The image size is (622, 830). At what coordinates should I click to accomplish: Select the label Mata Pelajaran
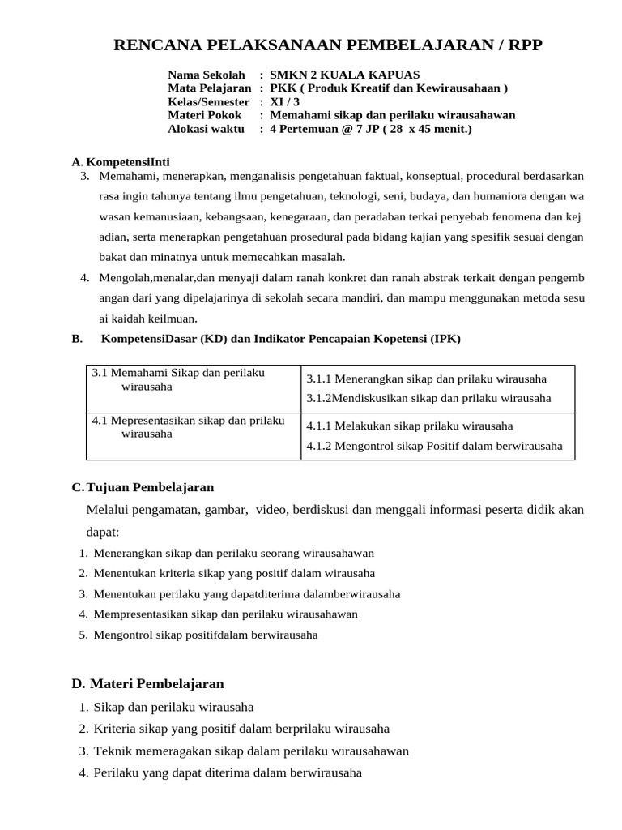coord(209,88)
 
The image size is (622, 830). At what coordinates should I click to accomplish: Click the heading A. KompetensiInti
coord(121,161)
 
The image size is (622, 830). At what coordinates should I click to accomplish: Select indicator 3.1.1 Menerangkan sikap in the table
coord(426,379)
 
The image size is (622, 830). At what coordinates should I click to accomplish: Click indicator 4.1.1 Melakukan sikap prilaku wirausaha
coord(409,426)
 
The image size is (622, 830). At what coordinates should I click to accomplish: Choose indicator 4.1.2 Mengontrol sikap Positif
coord(434,446)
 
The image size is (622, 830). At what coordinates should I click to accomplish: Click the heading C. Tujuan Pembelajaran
coord(143,487)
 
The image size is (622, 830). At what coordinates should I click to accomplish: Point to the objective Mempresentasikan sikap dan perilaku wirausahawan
coord(225,614)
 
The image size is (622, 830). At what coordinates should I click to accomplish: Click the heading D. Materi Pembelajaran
coord(147,683)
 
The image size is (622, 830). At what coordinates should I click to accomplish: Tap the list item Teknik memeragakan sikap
coord(251,751)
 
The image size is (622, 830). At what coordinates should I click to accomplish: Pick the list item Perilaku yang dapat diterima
coord(228,772)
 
